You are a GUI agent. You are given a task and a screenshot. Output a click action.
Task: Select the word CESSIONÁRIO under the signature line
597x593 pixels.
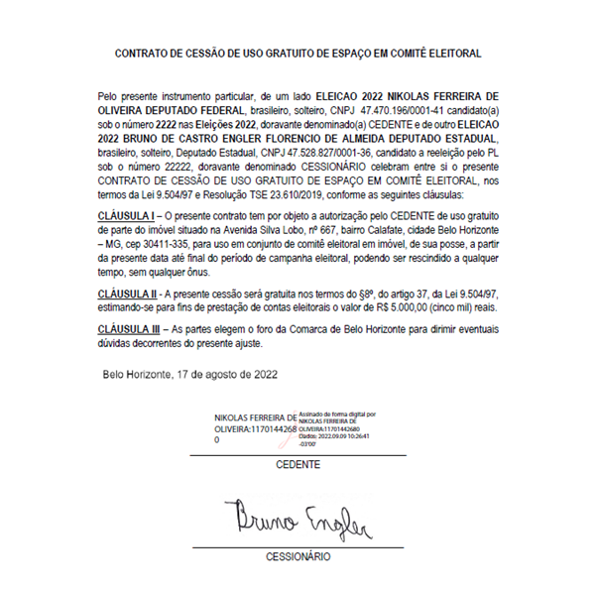[x=298, y=557]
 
